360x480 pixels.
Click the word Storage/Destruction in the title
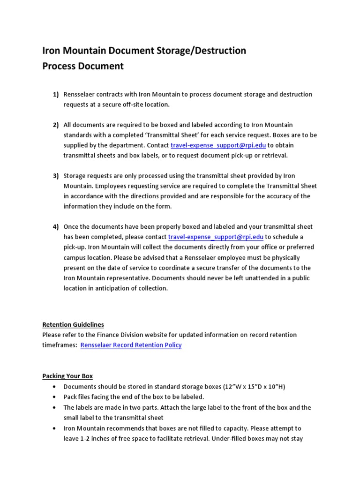[x=193, y=51]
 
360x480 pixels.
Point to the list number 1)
[x=55, y=94]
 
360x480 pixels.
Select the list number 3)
[x=55, y=176]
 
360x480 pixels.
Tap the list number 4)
[x=55, y=226]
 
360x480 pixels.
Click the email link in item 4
[x=216, y=237]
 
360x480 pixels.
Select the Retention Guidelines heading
[x=73, y=324]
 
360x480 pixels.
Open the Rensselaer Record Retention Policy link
[x=131, y=345]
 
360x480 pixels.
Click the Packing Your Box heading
[x=67, y=376]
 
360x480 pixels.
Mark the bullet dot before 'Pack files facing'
[x=55, y=397]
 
